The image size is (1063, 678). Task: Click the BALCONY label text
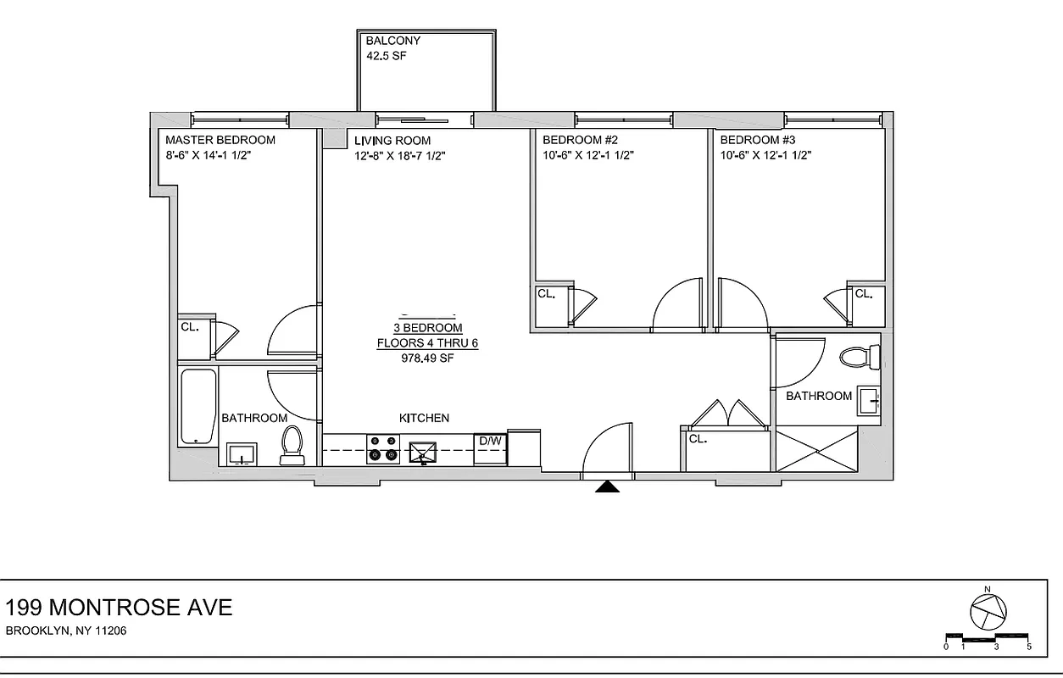(392, 41)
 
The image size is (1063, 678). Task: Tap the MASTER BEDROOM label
(220, 140)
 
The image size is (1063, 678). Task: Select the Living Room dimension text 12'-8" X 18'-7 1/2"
(399, 155)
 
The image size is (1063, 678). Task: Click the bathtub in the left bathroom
(198, 407)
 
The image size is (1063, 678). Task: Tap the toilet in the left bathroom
(292, 446)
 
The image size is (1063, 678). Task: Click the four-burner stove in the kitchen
(382, 448)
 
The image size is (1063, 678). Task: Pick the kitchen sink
(421, 453)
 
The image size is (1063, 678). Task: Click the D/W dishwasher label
(490, 442)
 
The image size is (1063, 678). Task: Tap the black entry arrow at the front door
(605, 486)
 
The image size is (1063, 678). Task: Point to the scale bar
(987, 636)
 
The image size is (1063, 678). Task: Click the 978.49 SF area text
(428, 358)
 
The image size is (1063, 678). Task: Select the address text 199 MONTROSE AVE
(119, 607)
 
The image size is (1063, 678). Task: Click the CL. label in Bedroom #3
(863, 294)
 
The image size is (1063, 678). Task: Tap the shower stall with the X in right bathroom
(817, 450)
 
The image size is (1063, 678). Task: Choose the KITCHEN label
(424, 418)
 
